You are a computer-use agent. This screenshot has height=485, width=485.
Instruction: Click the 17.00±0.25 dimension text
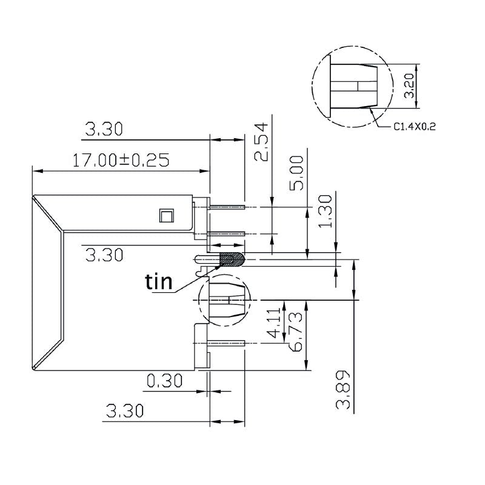(x=120, y=160)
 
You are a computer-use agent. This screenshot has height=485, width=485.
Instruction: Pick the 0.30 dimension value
(x=164, y=381)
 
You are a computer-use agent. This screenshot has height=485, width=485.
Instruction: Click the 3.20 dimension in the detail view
(x=410, y=86)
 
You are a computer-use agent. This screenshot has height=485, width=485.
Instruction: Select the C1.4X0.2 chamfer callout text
(x=415, y=127)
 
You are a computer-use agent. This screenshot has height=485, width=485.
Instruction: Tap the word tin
(x=159, y=281)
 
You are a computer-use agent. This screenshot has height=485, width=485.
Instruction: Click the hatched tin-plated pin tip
(x=232, y=259)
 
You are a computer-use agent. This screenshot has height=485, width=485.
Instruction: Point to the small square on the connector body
(x=166, y=215)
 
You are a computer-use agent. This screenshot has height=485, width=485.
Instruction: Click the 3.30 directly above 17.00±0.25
(x=104, y=129)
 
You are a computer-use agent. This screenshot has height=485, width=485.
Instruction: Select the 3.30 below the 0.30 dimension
(x=124, y=412)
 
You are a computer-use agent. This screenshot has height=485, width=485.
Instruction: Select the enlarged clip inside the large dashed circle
(x=354, y=86)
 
